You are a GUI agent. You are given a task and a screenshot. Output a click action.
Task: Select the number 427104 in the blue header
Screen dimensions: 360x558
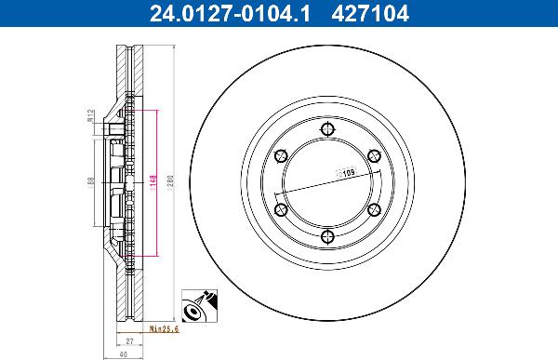[370, 13]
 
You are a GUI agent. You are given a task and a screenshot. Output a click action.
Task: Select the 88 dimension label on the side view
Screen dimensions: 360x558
[90, 183]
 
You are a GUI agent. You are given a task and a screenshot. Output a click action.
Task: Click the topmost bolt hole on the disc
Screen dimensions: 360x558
[325, 129]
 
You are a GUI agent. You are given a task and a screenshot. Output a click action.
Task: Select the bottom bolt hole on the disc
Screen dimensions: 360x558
[325, 238]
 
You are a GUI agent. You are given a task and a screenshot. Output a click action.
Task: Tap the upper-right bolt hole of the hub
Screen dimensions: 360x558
[373, 156]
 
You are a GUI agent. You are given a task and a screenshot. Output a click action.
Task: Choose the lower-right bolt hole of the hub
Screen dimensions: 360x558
[373, 210]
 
